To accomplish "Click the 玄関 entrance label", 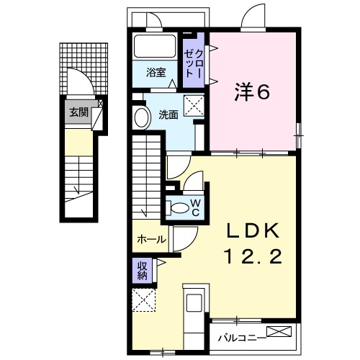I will pyautogui.click(x=78, y=112).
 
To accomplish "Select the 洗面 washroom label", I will pyautogui.click(x=168, y=114).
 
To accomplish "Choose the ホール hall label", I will pyautogui.click(x=150, y=239).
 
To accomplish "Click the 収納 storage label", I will pyautogui.click(x=142, y=271).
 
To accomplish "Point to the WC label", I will pyautogui.click(x=195, y=207).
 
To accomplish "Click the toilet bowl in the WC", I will pyautogui.click(x=178, y=207).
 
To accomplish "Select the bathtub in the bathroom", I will pyautogui.click(x=155, y=48).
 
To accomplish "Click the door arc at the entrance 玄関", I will pyautogui.click(x=81, y=81).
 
